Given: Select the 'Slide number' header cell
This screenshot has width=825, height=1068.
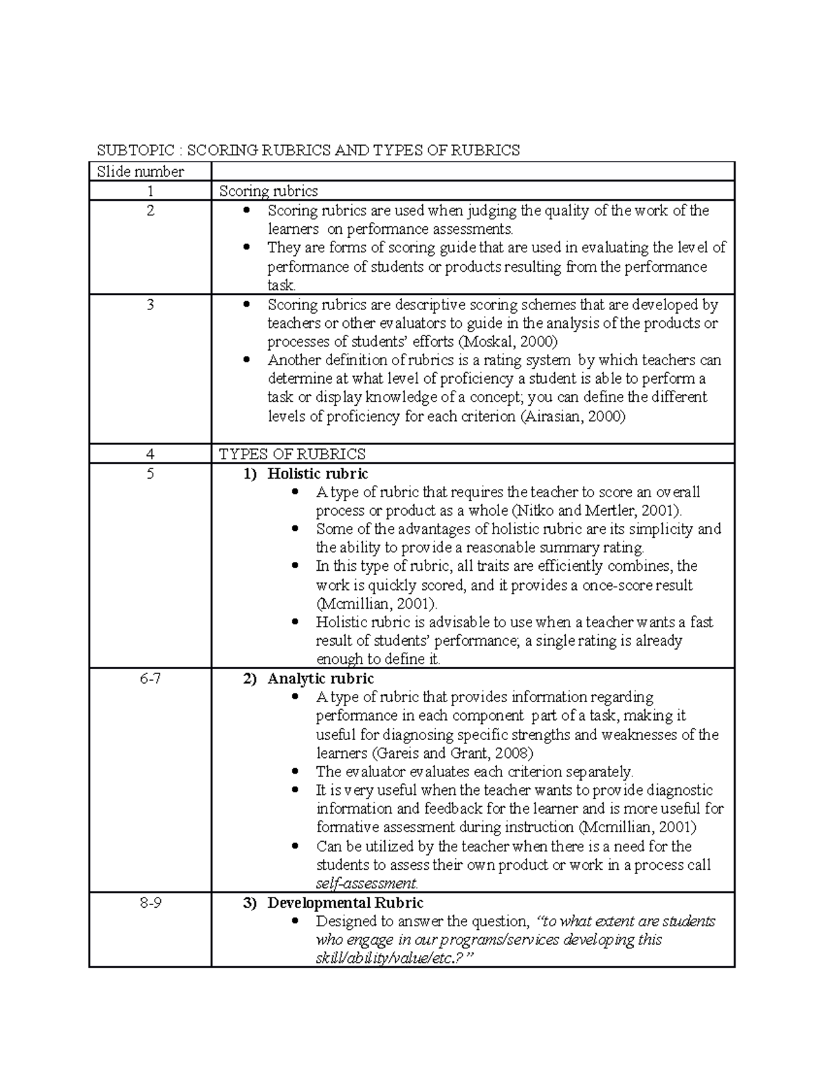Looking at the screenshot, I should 140,172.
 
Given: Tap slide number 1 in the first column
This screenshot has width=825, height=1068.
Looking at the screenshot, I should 150,191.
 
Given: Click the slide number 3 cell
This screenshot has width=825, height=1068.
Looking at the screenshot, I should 150,305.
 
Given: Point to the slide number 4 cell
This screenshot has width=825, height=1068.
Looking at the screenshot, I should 150,454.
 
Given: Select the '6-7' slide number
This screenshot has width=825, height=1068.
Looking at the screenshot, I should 150,679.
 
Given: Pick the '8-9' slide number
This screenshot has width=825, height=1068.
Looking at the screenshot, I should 150,903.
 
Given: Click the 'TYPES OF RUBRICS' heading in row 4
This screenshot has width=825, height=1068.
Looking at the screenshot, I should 292,454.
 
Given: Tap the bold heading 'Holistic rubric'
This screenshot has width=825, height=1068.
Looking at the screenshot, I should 318,474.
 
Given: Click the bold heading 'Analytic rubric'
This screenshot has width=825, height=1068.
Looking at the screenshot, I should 320,679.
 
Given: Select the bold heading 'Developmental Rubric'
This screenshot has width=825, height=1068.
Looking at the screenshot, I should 345,903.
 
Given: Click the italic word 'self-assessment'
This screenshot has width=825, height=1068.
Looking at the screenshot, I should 366,884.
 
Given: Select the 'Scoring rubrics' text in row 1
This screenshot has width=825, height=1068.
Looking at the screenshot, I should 268,191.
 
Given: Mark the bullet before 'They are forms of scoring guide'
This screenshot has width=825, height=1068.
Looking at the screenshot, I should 247,248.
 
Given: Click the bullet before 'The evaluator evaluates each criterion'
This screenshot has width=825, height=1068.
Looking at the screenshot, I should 296,772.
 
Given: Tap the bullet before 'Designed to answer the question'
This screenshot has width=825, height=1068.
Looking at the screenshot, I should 296,922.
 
